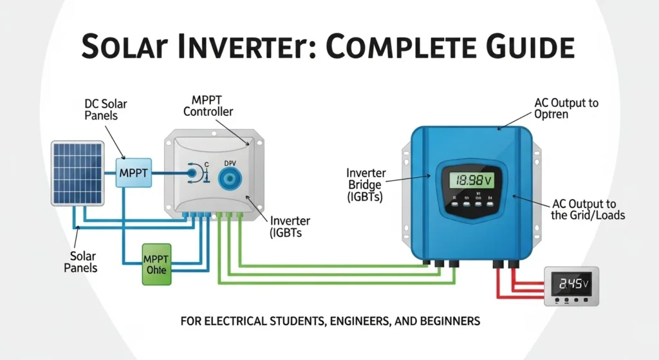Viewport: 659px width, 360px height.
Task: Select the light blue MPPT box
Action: pos(133,172)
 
